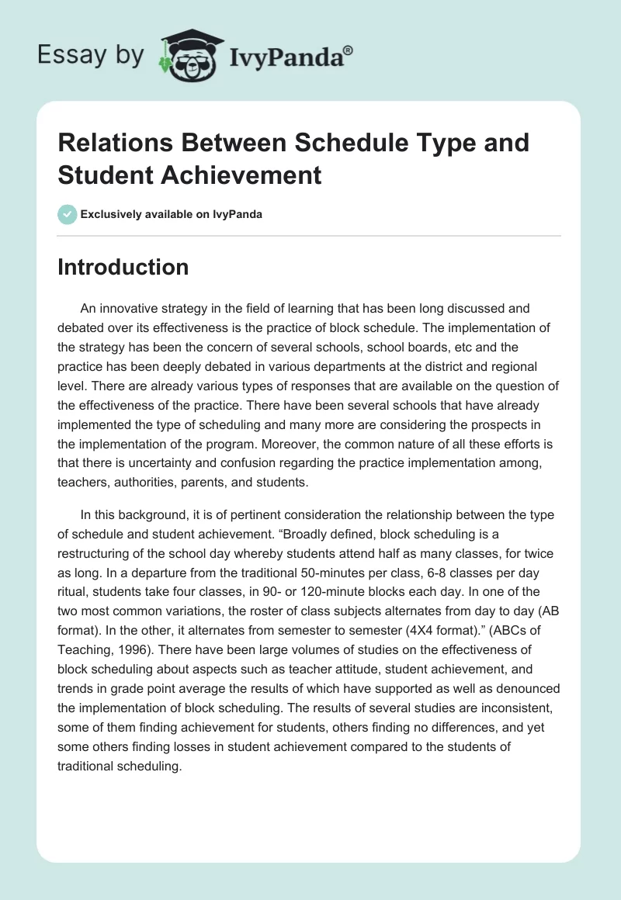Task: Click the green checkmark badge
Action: [68, 214]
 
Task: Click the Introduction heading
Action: [123, 267]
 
